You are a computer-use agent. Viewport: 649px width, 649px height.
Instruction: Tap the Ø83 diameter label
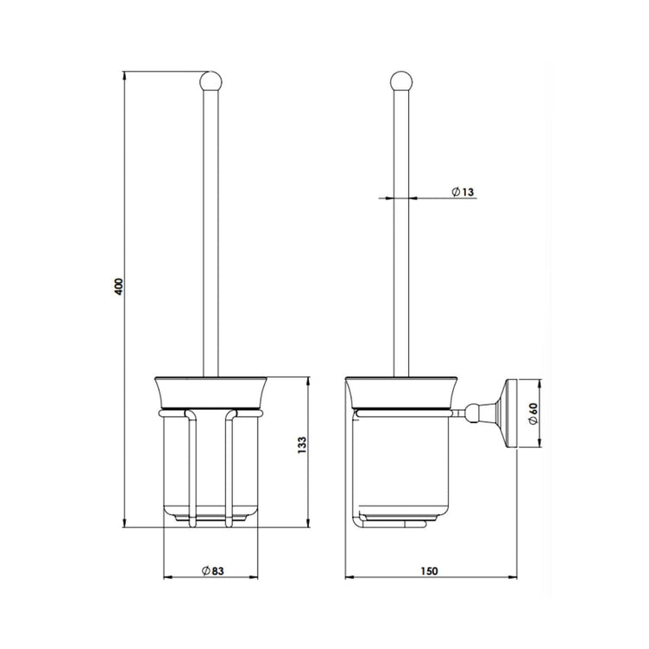[x=213, y=570]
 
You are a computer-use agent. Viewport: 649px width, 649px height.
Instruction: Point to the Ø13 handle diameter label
[x=463, y=192]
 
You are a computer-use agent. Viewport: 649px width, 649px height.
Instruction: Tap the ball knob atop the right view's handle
[x=400, y=82]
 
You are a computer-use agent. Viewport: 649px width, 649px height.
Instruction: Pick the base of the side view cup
[x=400, y=520]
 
